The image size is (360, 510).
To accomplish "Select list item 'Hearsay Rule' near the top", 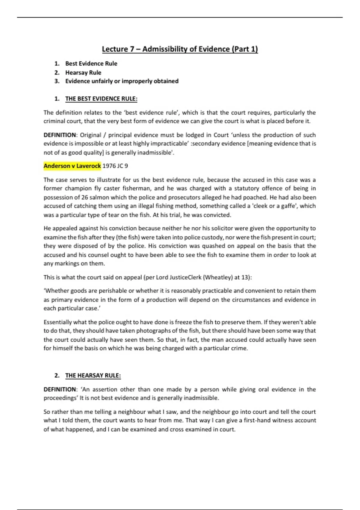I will [x=83, y=73].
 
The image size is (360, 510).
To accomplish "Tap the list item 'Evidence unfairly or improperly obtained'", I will [x=122, y=81].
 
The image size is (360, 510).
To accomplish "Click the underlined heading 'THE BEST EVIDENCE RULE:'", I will [x=101, y=99].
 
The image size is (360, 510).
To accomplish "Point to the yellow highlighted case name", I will [x=72, y=166].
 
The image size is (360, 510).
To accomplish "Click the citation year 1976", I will [x=109, y=166].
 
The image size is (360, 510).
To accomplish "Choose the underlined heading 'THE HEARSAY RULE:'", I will [x=93, y=376].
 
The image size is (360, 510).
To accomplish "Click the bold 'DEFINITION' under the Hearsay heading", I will [x=60, y=389].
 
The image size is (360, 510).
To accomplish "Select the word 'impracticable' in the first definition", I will [x=169, y=144].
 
